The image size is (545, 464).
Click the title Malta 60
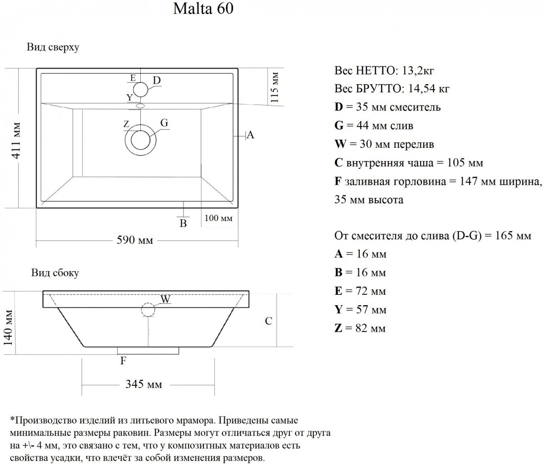(203, 9)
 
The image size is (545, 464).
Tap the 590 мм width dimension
(135, 240)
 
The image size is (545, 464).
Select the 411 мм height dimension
(16, 141)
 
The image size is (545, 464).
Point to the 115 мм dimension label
(274, 87)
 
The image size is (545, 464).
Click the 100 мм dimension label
(218, 218)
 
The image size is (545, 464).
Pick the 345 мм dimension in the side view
(144, 384)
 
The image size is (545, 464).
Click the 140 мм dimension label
(8, 328)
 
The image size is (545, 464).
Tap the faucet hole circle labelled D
(140, 90)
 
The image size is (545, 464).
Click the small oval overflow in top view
(140, 106)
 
